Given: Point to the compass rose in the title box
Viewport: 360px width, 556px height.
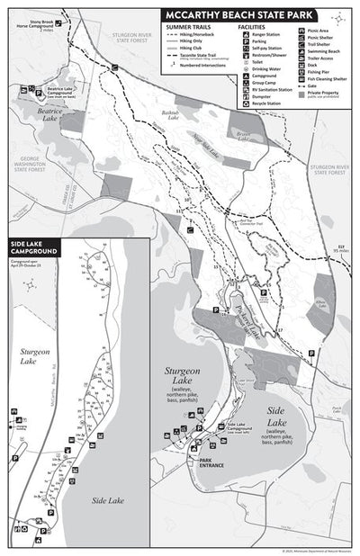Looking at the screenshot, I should (x=338, y=16).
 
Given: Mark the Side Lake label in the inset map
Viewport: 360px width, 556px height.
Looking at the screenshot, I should (x=107, y=500).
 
